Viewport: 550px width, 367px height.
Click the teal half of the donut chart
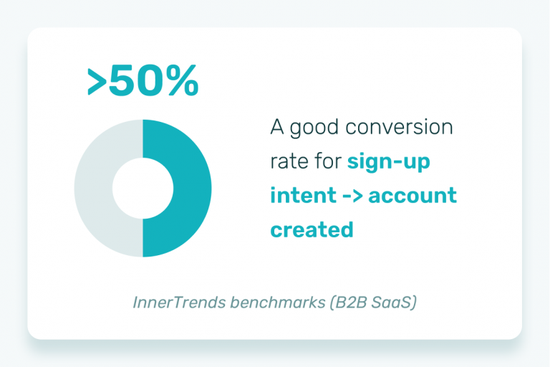pos(193,189)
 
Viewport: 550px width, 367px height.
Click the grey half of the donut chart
pos(93,189)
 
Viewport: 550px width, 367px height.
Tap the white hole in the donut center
pos(143,189)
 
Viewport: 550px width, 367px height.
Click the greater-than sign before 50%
pos(97,82)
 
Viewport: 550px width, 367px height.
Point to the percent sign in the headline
pos(183,81)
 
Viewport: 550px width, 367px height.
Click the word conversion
pos(399,127)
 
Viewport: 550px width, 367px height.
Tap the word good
pos(314,128)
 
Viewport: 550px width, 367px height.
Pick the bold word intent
pos(304,196)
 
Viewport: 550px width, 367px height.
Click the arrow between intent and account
pos(352,196)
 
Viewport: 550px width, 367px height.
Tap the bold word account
pos(412,196)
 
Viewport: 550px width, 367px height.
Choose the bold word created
pos(312,229)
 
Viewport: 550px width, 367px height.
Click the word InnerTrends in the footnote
pos(179,302)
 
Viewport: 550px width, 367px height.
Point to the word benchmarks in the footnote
pos(278,302)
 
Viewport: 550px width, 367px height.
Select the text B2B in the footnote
pos(348,302)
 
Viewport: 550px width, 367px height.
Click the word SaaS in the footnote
pos(394,302)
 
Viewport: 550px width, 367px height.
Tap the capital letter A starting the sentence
pos(277,127)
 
